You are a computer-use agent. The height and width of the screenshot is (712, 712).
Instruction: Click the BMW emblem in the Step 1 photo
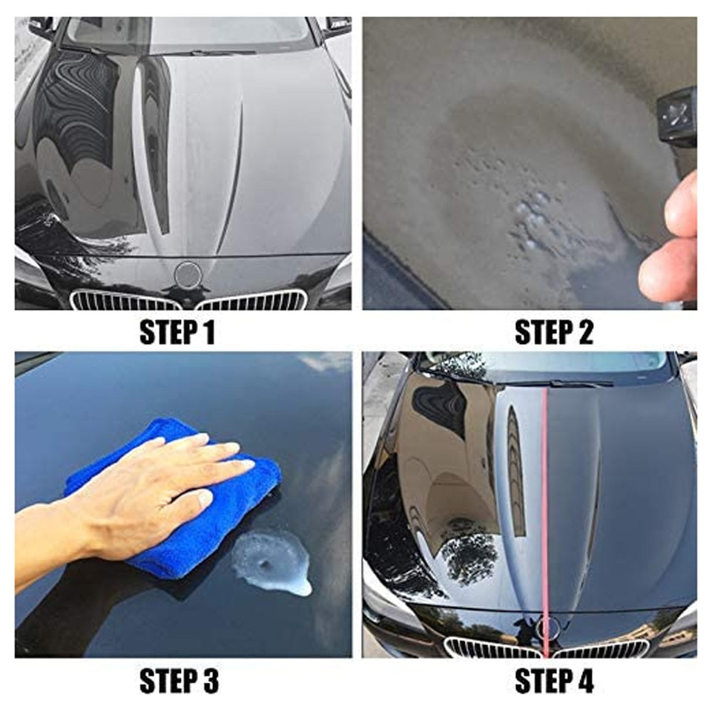tap(188, 275)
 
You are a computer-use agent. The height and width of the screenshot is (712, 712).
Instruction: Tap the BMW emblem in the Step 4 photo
tap(548, 629)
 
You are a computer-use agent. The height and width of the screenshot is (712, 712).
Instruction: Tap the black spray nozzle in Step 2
tap(676, 115)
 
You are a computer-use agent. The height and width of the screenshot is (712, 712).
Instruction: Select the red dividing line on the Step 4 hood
tap(545, 504)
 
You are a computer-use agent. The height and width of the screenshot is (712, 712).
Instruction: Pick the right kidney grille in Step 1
tap(252, 300)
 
